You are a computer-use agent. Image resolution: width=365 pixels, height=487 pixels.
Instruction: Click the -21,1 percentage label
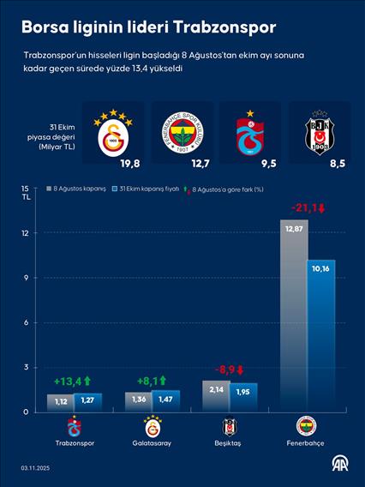pyautogui.click(x=308, y=207)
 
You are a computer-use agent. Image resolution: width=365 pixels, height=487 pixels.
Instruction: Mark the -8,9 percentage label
pyautogui.click(x=227, y=370)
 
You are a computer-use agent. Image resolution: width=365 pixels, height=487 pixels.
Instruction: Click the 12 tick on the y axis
pyautogui.click(x=26, y=233)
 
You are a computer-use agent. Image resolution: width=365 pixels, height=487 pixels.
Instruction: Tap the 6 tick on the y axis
pyautogui.click(x=27, y=322)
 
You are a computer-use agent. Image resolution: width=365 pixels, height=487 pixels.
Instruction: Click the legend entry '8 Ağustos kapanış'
pyautogui.click(x=79, y=188)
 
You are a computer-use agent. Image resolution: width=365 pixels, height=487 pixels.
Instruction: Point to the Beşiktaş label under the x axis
pyautogui.click(x=229, y=443)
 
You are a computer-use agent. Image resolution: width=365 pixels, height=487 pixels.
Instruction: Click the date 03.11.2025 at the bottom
pyautogui.click(x=37, y=468)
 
